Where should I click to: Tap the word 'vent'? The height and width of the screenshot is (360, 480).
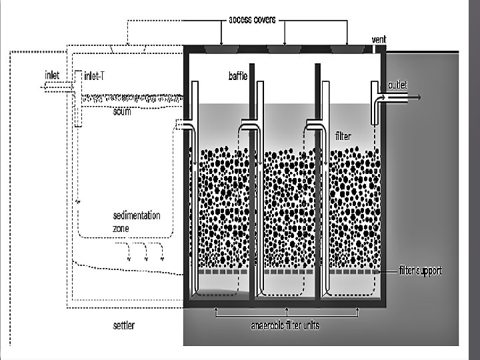[379, 39]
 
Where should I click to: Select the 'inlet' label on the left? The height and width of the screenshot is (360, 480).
[53, 75]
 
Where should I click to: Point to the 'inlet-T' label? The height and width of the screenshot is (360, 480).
[93, 75]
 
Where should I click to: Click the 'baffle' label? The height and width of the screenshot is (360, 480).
[238, 76]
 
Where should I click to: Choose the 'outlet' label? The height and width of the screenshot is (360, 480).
[397, 85]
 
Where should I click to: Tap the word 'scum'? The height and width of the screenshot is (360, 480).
[122, 112]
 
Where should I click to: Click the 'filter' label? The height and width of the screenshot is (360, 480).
[343, 136]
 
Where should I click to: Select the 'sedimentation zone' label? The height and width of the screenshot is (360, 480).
[136, 221]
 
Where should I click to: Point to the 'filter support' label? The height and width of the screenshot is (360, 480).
[420, 271]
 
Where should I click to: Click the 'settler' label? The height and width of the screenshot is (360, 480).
[124, 325]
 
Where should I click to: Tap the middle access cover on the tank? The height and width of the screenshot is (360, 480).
[286, 49]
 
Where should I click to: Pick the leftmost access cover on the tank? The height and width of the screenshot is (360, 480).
[221, 49]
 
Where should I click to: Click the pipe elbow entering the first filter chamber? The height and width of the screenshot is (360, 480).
[185, 125]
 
